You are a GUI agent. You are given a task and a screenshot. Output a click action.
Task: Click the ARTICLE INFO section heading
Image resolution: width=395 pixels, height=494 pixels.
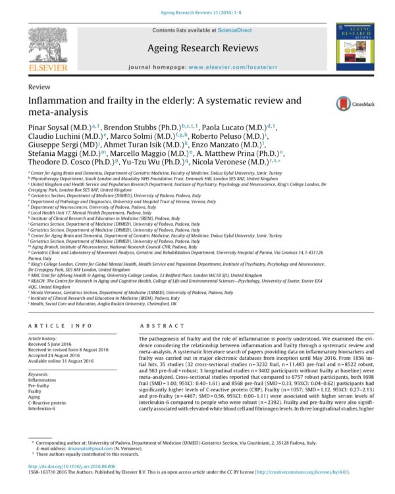point(59,326)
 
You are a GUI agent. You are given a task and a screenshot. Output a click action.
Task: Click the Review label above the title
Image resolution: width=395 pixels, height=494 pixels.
point(39,87)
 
